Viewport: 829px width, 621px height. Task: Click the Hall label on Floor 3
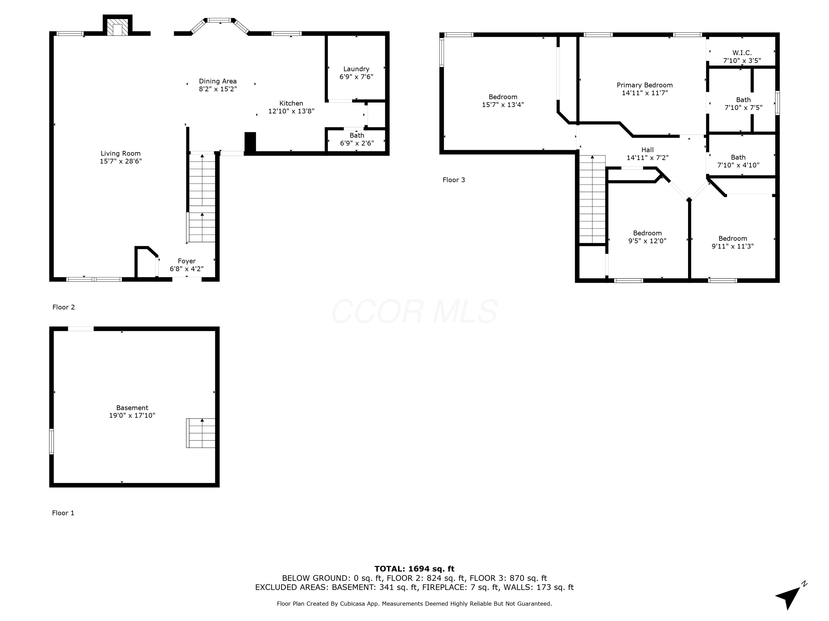tap(647, 150)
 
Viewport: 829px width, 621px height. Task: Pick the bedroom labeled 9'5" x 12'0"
tap(647, 237)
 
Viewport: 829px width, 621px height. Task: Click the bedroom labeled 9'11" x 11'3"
tap(732, 242)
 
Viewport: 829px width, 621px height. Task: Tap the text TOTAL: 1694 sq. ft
tap(414, 569)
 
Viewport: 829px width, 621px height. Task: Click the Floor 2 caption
tap(63, 307)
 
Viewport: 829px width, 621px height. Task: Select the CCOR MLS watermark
tap(414, 311)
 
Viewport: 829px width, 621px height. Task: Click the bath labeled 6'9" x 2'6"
tap(356, 139)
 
